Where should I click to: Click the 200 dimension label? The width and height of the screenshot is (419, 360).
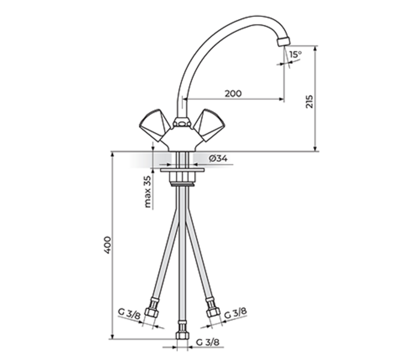[233, 94]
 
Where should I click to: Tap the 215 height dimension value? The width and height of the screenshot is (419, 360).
[309, 101]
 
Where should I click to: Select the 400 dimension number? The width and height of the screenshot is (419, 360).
[107, 245]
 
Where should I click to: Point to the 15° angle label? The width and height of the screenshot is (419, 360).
[295, 55]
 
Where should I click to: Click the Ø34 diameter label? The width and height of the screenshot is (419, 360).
[219, 158]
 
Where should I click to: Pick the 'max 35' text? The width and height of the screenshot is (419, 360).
[147, 191]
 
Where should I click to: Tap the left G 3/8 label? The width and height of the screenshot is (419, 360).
[129, 314]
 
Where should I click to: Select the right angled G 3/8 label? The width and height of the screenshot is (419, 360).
[235, 313]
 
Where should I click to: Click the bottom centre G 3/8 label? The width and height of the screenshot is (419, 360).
[208, 342]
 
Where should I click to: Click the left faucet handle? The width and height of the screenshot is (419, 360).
[154, 124]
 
